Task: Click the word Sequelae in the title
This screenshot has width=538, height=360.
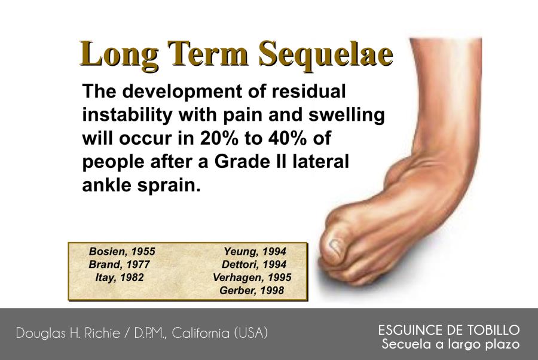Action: coord(325,54)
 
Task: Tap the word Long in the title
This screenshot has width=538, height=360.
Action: coord(119,54)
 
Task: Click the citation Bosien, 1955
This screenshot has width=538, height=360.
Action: coord(122,252)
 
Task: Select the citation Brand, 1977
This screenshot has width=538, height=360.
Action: coord(120,264)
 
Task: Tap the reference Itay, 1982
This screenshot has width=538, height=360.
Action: coord(120,277)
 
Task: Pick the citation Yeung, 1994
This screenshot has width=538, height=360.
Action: coord(255,252)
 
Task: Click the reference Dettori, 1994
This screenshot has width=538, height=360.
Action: coord(254,264)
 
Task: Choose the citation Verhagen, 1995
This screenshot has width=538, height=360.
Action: coord(252,277)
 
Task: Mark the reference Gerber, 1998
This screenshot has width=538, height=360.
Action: coord(252,291)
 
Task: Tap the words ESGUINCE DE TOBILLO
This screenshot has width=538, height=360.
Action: coord(449,330)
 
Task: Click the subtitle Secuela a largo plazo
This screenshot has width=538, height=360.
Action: coord(451,344)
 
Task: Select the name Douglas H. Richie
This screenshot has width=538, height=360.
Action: coord(68,333)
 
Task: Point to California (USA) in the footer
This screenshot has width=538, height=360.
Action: coord(219,333)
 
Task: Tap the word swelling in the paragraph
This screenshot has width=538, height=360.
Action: coord(347,115)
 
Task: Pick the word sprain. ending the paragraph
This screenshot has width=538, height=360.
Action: coord(169,185)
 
